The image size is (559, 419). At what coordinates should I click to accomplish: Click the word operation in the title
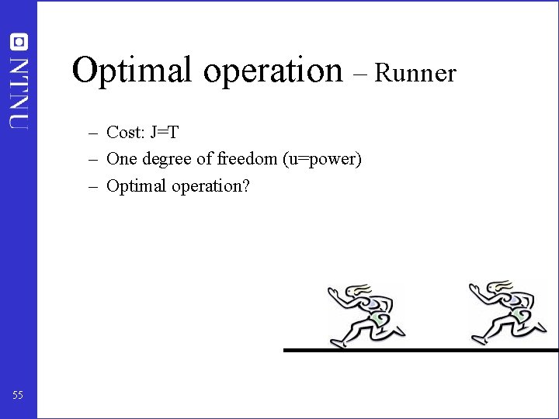(270, 71)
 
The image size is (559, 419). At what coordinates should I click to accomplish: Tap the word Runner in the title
(415, 73)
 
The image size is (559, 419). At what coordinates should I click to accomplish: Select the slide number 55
(18, 396)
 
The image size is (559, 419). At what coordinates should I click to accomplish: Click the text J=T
(165, 133)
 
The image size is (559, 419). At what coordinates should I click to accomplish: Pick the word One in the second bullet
(120, 159)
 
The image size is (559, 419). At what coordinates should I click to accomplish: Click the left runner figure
(366, 314)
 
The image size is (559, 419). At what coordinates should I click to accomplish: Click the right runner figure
(505, 313)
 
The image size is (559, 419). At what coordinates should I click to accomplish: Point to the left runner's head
(359, 292)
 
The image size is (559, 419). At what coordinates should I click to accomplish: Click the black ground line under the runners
(419, 350)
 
